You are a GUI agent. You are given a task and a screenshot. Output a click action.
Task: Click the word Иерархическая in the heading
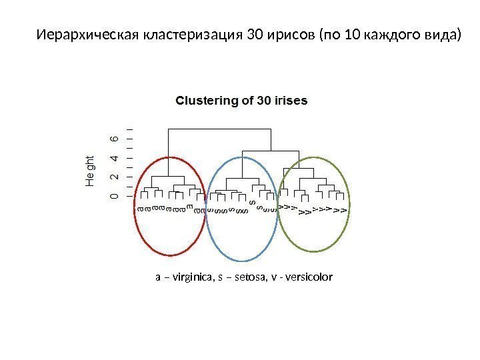87,34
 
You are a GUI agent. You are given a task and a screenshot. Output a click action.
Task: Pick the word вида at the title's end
443,34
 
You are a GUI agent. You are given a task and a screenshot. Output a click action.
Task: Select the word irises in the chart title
291,101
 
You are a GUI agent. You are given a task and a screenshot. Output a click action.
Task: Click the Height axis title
91,171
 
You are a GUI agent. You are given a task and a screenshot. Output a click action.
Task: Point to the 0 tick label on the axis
115,196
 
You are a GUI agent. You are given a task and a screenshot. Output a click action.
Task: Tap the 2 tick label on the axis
115,177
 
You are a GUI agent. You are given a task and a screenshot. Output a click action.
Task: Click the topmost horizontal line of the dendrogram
220,127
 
